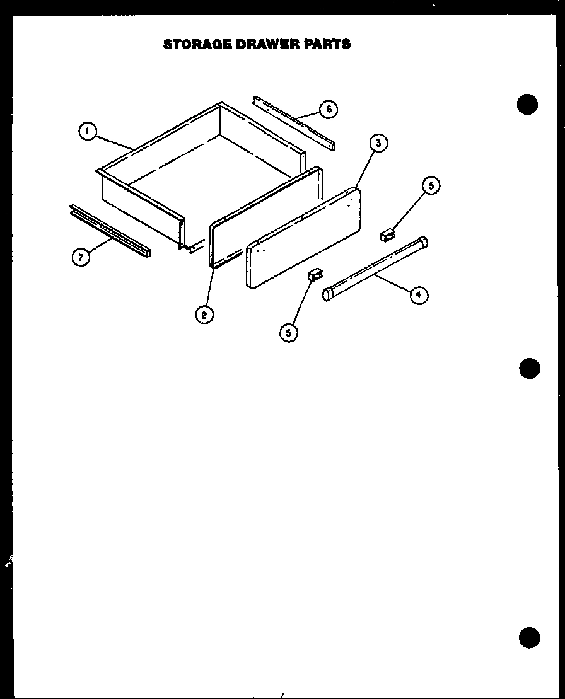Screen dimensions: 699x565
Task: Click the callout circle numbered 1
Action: coord(88,132)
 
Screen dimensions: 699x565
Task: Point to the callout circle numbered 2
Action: coord(204,314)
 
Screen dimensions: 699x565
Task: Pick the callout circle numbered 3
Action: coord(378,143)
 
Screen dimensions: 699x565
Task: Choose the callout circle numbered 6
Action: coord(328,109)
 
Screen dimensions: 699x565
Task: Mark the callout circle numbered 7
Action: coord(79,257)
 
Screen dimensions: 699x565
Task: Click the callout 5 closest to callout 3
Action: coord(431,186)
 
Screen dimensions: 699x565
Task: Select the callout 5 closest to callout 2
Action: coord(289,332)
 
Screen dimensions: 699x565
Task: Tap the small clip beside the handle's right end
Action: coord(387,235)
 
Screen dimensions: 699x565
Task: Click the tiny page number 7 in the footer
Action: coord(282,695)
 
